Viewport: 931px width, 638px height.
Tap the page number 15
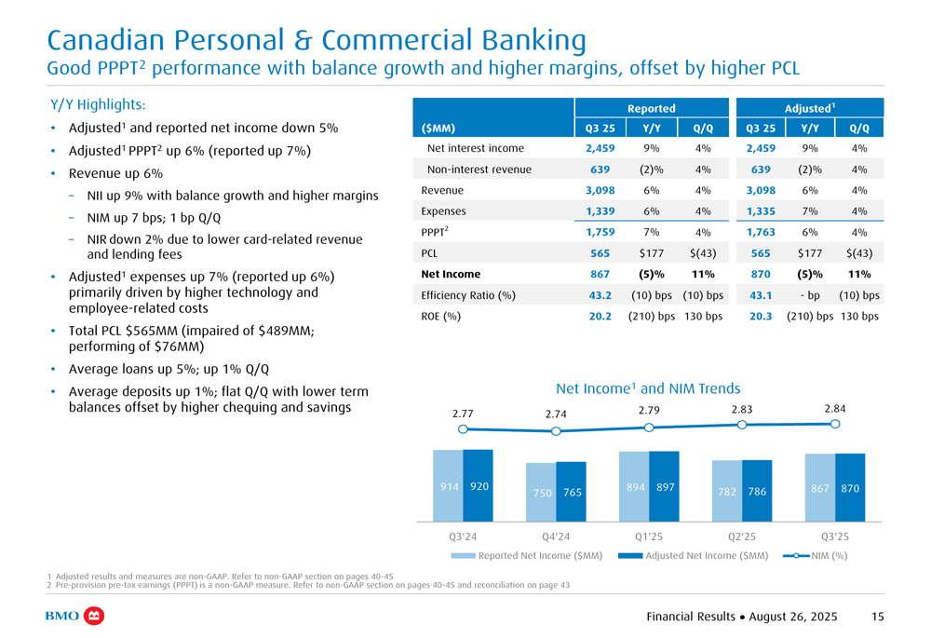[x=878, y=617]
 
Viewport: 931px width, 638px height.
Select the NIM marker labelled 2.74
[x=556, y=431]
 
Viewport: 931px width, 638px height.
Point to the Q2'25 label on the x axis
[x=742, y=536]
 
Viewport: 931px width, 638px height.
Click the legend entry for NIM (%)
[x=815, y=556]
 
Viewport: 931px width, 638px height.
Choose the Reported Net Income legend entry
[x=526, y=556]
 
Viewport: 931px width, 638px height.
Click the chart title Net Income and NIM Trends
[x=648, y=388]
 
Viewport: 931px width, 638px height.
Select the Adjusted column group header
[x=809, y=109]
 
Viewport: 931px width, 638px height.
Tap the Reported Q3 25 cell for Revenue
[x=600, y=190]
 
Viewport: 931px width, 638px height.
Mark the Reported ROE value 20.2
[x=600, y=316]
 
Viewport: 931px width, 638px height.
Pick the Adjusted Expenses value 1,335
[x=761, y=211]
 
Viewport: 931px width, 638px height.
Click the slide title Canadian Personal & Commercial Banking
[x=316, y=40]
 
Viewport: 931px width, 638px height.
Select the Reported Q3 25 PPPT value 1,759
[x=600, y=232]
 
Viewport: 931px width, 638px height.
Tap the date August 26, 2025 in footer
[x=789, y=617]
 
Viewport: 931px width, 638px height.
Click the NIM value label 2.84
[x=835, y=408]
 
